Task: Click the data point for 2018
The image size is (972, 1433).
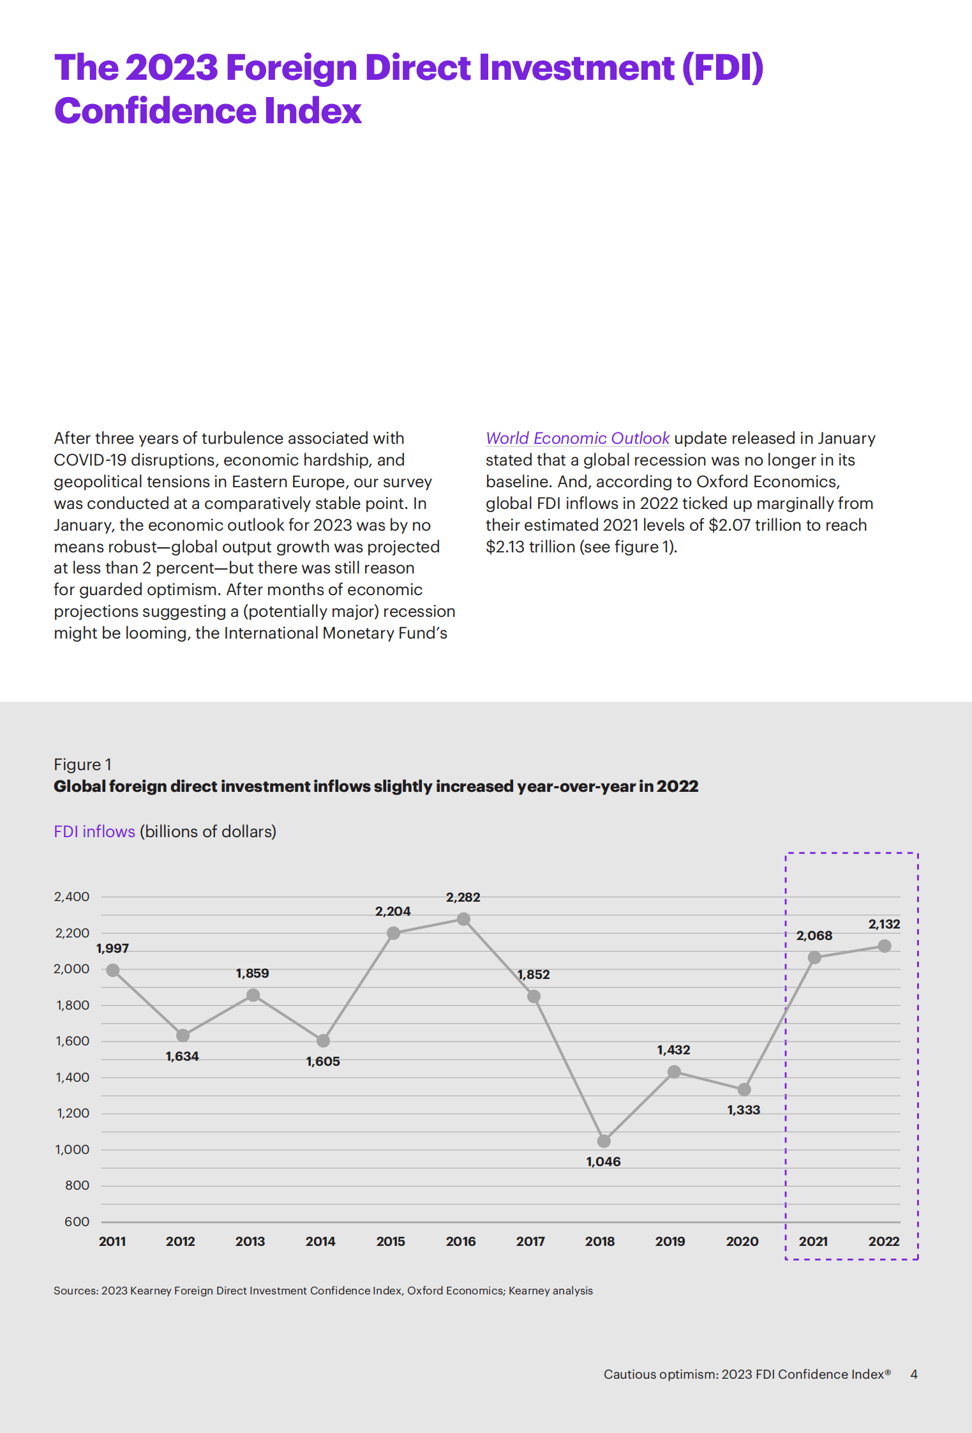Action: pos(604,1141)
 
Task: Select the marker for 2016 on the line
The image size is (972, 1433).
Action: pos(464,919)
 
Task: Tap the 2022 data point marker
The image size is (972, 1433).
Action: pos(885,946)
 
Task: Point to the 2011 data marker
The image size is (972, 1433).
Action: pos(113,971)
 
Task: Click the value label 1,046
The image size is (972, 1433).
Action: pos(603,1162)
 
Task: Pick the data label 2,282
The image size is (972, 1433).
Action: pos(463,897)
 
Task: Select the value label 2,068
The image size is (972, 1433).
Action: pos(814,936)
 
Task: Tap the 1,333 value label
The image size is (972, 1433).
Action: pos(744,1110)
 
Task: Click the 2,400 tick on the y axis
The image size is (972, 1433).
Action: pos(72,897)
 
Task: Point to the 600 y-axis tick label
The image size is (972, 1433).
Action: pos(77,1222)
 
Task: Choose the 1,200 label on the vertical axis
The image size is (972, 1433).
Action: pos(73,1113)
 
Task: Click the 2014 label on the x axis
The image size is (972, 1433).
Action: pos(320,1241)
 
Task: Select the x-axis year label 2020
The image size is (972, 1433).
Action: pos(742,1241)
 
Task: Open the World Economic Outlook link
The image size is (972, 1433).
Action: pos(578,438)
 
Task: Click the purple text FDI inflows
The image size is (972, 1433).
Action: pos(94,831)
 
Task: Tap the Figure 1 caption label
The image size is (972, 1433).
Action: pos(83,764)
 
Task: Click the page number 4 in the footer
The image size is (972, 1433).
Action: pos(914,1374)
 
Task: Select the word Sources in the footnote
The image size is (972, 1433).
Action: pos(75,1291)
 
